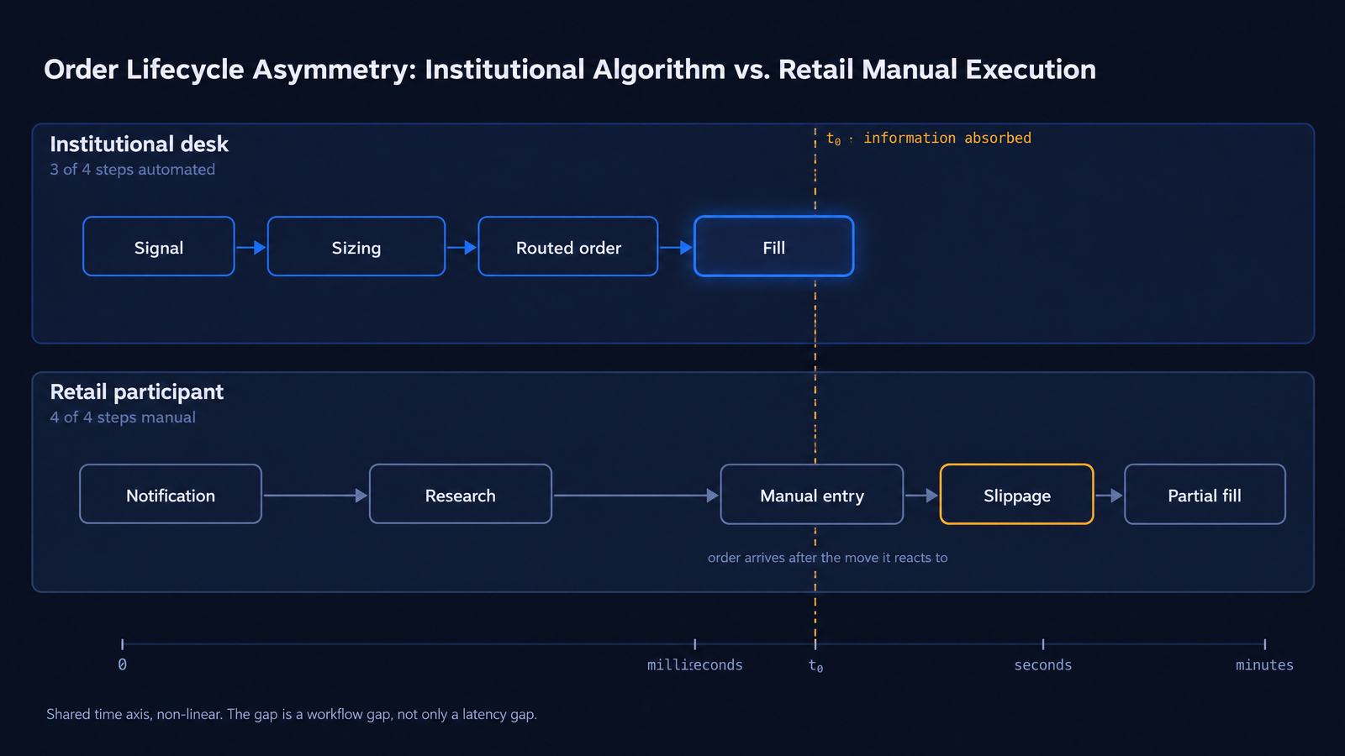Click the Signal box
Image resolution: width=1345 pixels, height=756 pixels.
point(159,247)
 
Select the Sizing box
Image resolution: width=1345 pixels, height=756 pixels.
point(356,247)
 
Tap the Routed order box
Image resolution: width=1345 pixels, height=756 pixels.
point(568,247)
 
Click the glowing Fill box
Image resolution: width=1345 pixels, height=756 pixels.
point(773,247)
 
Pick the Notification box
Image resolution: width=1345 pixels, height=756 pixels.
point(171,495)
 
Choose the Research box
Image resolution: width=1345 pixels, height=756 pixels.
point(460,495)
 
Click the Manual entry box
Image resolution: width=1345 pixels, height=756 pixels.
point(812,495)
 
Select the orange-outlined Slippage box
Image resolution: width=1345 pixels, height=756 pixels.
point(1016,495)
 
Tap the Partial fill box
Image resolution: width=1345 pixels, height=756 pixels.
point(1205,495)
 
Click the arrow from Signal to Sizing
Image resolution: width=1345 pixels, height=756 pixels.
point(251,247)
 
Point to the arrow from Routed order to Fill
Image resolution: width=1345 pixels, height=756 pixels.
point(676,247)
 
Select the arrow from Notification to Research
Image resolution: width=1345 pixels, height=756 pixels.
point(316,495)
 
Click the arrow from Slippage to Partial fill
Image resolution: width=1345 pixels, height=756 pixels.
point(1109,495)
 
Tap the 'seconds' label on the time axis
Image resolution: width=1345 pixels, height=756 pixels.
point(1043,664)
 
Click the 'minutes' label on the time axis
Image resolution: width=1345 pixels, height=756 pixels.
point(1264,664)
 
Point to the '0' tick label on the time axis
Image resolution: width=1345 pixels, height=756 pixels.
point(123,664)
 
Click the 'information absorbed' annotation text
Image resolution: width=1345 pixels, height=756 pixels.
point(947,138)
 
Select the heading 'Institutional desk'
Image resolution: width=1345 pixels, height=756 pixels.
point(139,144)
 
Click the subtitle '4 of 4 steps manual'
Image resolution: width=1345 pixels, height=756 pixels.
point(123,417)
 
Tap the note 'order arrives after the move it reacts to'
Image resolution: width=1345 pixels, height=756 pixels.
point(827,558)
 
